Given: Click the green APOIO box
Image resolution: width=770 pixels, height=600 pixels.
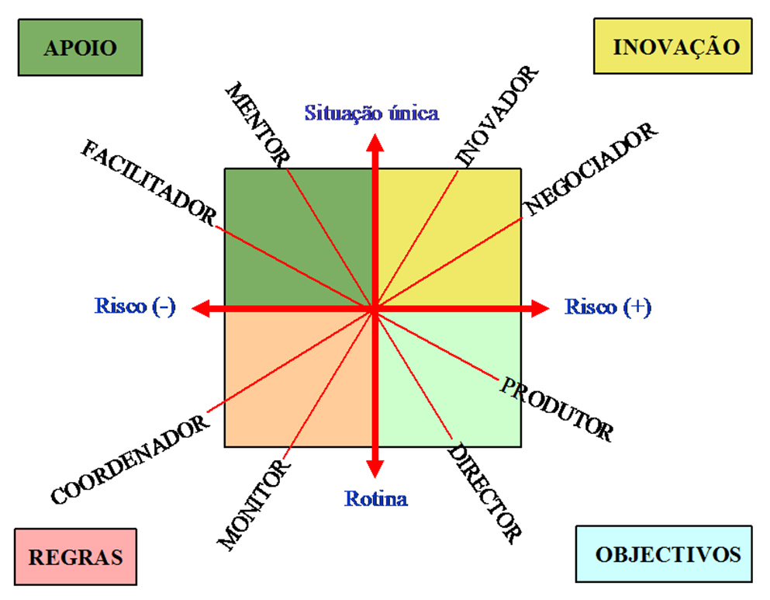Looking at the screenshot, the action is coord(80,47).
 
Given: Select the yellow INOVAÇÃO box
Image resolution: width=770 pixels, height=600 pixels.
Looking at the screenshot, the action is coord(673,47).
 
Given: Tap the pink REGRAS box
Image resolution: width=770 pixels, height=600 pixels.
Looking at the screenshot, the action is coord(76,557).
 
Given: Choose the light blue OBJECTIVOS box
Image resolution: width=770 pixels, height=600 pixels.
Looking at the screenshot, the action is coord(664,553).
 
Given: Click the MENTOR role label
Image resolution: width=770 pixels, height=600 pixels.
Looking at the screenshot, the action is coord(257,124).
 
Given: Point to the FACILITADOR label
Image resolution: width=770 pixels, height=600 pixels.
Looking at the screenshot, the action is coord(148,183).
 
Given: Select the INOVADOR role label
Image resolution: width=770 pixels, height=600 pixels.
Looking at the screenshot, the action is coord(496,116).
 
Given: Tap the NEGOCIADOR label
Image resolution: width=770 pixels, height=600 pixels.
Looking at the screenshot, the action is coord(590,168).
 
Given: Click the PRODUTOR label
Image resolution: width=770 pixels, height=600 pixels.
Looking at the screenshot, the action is coord(557,409).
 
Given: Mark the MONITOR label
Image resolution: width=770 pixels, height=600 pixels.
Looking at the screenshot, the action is coord(254,505).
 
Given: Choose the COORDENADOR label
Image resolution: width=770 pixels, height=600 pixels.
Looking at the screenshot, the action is coord(130,460).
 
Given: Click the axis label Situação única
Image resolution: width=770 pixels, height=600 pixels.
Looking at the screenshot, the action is coord(371,113).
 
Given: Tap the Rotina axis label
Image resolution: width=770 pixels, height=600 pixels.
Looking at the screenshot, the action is coord(376,499).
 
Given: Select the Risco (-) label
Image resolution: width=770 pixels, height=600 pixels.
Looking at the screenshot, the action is coord(135,306).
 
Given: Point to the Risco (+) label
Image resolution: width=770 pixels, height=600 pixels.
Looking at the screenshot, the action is coord(608,307).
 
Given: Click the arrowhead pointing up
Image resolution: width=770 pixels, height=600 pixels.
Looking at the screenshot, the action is coord(375,143).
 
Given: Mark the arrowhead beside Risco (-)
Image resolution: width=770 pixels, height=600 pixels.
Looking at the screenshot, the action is coord(201,309).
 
